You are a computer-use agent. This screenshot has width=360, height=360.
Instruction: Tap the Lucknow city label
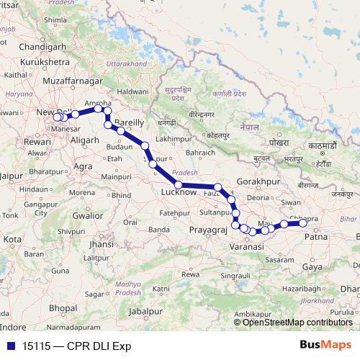pos(180,193)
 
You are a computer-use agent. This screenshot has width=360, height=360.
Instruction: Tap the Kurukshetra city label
pos(45,63)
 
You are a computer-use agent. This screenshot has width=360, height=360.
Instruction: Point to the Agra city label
pos(84,166)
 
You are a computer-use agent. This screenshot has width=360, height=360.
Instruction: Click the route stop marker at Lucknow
pos(178,186)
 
